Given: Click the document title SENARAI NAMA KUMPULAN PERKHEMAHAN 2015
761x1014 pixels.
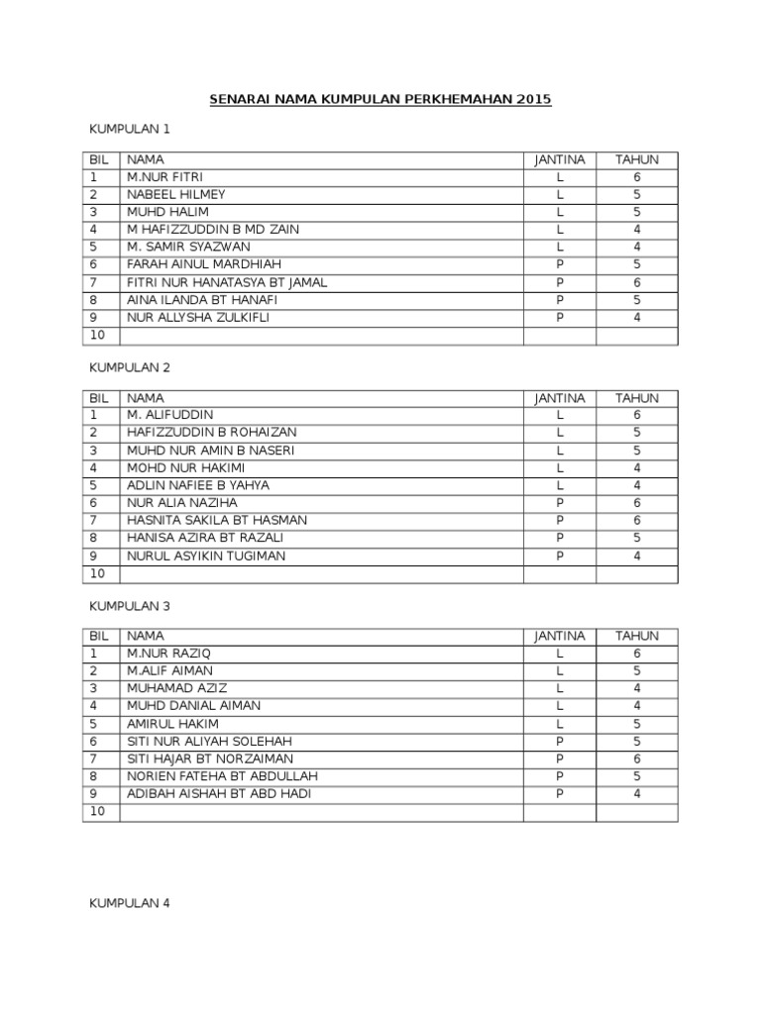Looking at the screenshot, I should [x=380, y=100].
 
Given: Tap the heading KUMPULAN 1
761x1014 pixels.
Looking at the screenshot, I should [x=130, y=129].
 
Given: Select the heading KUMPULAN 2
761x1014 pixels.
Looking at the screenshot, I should [x=130, y=367].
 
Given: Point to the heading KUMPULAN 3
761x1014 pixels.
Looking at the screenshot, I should [x=130, y=605].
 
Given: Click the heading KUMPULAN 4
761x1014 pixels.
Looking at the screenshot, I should [x=130, y=903].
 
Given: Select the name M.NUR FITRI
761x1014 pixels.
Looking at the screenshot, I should [x=165, y=177].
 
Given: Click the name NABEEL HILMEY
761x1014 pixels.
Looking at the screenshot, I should [x=175, y=195].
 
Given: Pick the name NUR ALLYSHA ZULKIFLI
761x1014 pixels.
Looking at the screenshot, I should [x=198, y=318].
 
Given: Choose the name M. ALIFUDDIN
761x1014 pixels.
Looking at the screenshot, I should [x=169, y=415].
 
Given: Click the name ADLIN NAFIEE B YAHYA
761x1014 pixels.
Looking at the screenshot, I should [x=198, y=485].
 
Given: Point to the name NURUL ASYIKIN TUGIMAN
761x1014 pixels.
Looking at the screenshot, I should [x=206, y=557].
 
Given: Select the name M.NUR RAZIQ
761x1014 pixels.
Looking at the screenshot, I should [x=168, y=654].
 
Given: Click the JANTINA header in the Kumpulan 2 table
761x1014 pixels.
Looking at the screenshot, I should [x=560, y=398].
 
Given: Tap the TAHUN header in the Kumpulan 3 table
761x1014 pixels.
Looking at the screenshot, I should [x=637, y=636].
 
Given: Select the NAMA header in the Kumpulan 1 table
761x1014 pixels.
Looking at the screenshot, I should [x=146, y=159].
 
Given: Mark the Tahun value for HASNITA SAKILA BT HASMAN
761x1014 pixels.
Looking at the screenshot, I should [x=637, y=521].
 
